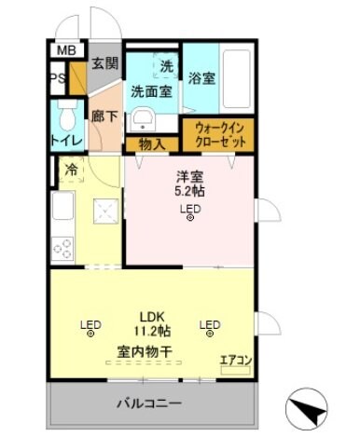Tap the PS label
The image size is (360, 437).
(58, 79)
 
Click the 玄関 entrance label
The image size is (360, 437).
(103, 63)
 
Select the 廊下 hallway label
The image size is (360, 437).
(103, 119)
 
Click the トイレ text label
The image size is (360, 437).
(66, 141)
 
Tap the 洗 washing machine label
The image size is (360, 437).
(166, 66)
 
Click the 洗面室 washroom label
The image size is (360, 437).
(149, 92)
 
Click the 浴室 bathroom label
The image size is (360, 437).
(202, 79)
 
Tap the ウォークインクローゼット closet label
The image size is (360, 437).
(217, 136)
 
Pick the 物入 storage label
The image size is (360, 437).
(151, 143)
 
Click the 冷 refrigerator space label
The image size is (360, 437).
(71, 170)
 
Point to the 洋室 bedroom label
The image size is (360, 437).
(190, 176)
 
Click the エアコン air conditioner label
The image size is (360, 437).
(233, 359)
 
